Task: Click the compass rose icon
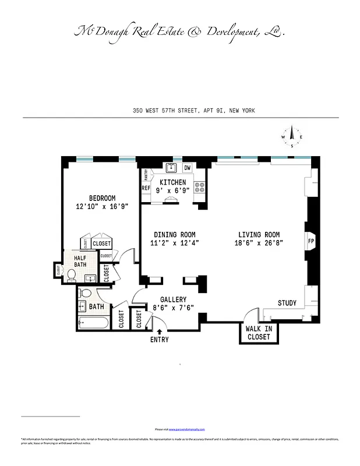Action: pyautogui.click(x=292, y=137)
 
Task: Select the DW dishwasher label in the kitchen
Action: pyautogui.click(x=188, y=168)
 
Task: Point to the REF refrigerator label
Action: pyautogui.click(x=146, y=188)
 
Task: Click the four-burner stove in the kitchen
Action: pyautogui.click(x=199, y=188)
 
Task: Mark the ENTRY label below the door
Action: pyautogui.click(x=159, y=340)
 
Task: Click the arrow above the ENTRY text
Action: pyautogui.click(x=160, y=331)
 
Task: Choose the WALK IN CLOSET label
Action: pyautogui.click(x=258, y=333)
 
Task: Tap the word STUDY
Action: pyautogui.click(x=287, y=303)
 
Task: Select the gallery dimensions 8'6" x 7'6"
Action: pyautogui.click(x=173, y=308)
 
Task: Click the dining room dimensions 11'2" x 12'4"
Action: pyautogui.click(x=175, y=243)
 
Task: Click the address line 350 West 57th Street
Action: pyautogui.click(x=193, y=111)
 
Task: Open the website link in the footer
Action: pyautogui.click(x=186, y=429)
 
